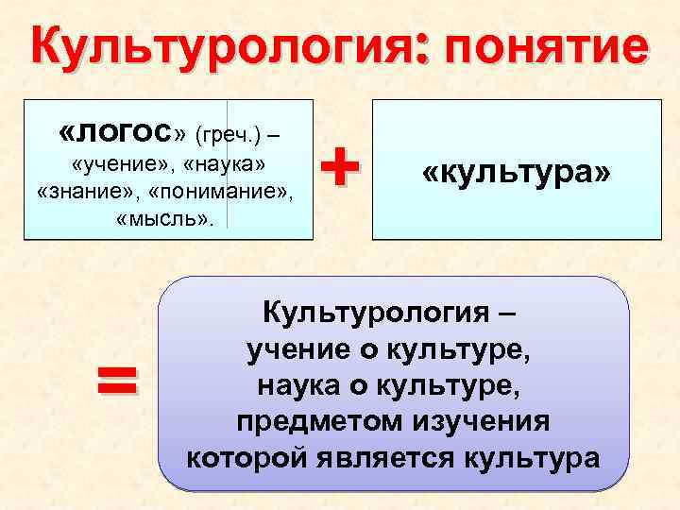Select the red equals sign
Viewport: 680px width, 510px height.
pos(116,382)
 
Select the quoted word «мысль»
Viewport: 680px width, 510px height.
pos(164,221)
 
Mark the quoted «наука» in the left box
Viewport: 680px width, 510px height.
pos(227,164)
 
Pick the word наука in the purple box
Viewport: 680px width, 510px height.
pos(300,385)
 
